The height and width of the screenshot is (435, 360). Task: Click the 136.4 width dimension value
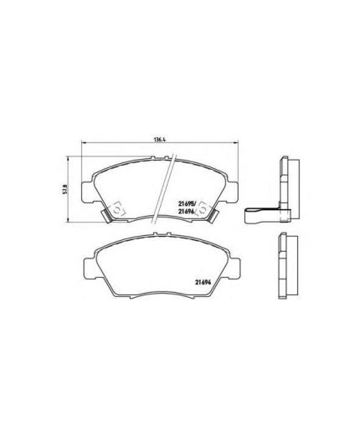[160, 140]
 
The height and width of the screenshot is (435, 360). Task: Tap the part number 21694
[203, 282]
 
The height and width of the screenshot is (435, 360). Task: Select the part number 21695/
[188, 203]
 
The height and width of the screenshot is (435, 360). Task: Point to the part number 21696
[187, 212]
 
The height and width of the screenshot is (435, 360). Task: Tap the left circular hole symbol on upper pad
[118, 209]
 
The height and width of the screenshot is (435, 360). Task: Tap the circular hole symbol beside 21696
[203, 209]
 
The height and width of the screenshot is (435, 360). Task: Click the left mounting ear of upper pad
[87, 192]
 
